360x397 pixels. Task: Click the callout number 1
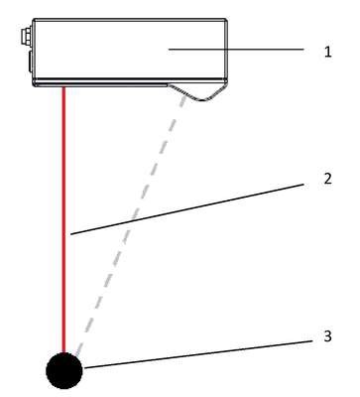click(x=327, y=53)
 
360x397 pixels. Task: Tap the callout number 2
click(x=327, y=179)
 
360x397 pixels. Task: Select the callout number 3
click(x=327, y=336)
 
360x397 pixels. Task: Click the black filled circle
click(x=64, y=370)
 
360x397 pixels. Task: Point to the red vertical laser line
click(x=64, y=219)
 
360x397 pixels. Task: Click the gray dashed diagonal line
click(x=130, y=226)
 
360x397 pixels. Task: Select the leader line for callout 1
click(x=236, y=50)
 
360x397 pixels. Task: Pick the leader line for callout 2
click(x=187, y=209)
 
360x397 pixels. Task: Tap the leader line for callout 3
click(x=198, y=354)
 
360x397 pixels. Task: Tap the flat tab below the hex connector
click(x=30, y=62)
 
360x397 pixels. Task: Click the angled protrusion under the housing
click(x=197, y=91)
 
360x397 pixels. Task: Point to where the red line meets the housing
click(x=64, y=86)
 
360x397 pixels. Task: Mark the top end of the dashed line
click(x=183, y=96)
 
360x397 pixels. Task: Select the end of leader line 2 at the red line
click(x=70, y=234)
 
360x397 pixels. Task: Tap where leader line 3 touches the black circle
click(x=83, y=368)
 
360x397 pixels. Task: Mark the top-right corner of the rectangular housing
click(x=226, y=19)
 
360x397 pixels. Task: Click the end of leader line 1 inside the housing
click(x=169, y=50)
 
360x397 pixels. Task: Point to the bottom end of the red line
click(x=64, y=352)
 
